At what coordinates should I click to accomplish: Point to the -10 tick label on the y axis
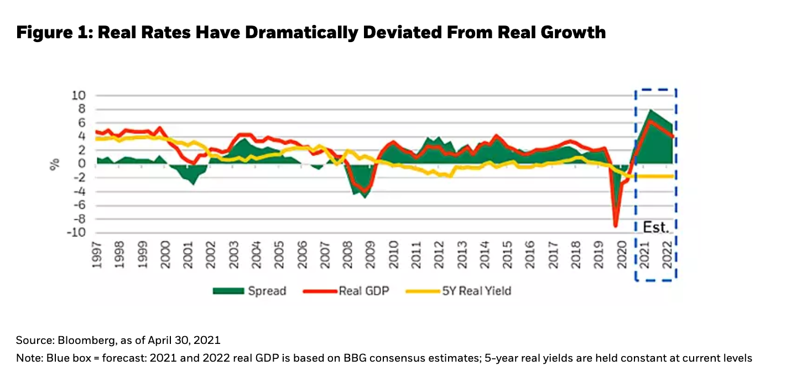pyautogui.click(x=77, y=233)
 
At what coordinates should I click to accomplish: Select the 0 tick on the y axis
pyautogui.click(x=82, y=164)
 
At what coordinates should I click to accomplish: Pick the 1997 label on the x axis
pyautogui.click(x=97, y=255)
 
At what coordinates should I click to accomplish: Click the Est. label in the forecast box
pyautogui.click(x=656, y=227)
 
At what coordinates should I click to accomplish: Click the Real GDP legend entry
pyautogui.click(x=364, y=290)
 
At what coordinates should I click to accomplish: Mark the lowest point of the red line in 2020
pyautogui.click(x=616, y=226)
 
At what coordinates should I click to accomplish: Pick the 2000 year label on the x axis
pyautogui.click(x=165, y=255)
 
